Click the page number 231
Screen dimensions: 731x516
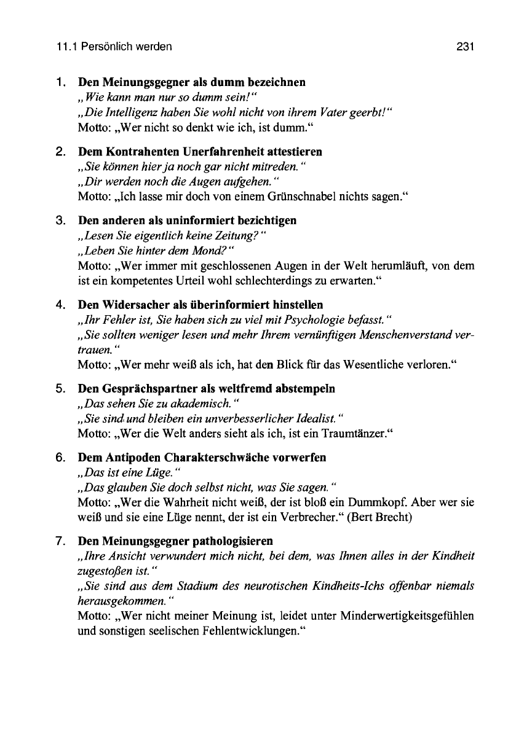(x=463, y=46)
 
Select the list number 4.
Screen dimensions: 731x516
(x=60, y=305)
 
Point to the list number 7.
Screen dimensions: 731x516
(x=60, y=541)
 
